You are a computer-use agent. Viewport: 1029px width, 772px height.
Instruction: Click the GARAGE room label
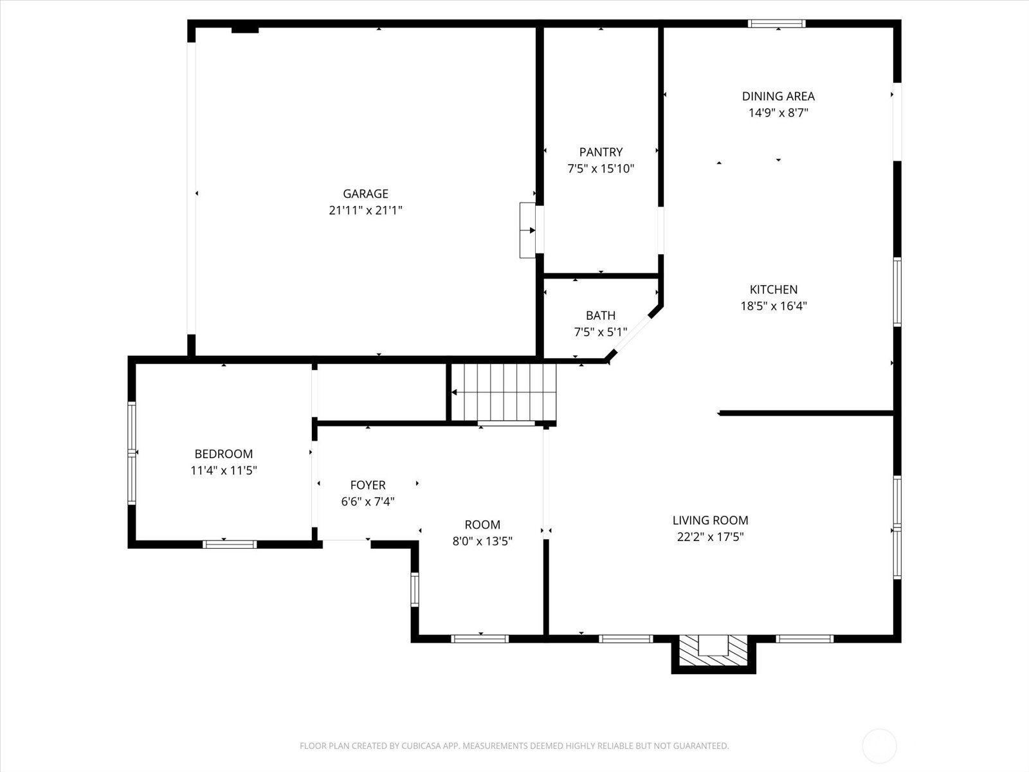(x=365, y=194)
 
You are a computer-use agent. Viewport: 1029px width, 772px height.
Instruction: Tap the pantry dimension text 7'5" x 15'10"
(x=601, y=169)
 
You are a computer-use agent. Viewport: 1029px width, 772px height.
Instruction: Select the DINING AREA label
(x=778, y=96)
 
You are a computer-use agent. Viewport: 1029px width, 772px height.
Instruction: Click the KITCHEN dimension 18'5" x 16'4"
(x=774, y=306)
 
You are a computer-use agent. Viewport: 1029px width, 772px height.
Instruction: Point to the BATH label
(x=600, y=316)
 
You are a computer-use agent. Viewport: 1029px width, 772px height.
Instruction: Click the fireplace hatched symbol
(x=713, y=650)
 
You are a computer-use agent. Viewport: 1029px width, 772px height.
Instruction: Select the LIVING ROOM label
(x=710, y=520)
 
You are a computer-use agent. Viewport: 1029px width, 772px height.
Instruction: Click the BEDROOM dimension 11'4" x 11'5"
(x=224, y=470)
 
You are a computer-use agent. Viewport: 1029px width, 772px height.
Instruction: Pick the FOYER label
(x=368, y=486)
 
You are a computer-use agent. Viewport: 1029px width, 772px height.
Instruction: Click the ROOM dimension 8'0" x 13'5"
(x=482, y=542)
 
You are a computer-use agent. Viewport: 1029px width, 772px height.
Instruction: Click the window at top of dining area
(x=777, y=24)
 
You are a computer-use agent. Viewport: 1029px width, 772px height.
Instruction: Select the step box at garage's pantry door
(x=527, y=230)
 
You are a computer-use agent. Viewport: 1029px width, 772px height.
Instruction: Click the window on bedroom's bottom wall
(x=230, y=544)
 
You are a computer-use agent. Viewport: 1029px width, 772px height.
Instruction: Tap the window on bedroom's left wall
(x=132, y=452)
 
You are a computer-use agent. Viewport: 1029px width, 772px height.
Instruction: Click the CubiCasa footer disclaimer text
(x=514, y=746)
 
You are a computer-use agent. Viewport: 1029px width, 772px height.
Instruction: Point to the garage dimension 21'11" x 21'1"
(x=365, y=210)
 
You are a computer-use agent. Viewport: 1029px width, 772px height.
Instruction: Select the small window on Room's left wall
(x=415, y=590)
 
